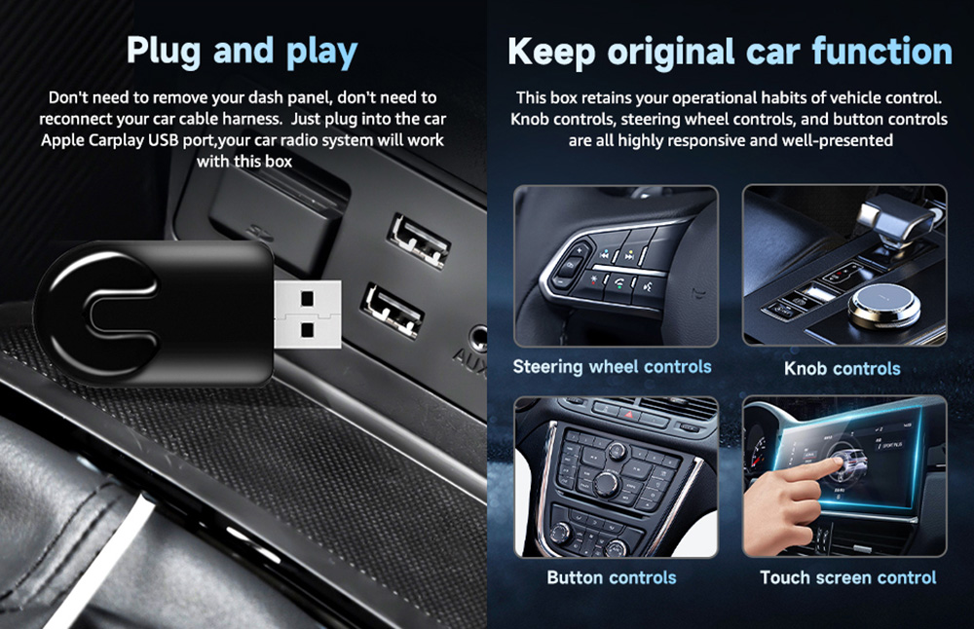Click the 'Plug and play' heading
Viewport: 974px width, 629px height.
pos(242,51)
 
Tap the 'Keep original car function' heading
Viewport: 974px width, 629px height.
pos(730,52)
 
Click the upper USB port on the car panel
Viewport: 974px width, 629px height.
pos(420,239)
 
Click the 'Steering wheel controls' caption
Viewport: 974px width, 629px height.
pos(612,367)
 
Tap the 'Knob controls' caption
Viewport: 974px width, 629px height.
pos(842,368)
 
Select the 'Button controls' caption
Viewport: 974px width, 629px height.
pos(611,577)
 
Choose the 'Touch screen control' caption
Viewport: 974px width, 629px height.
pos(847,577)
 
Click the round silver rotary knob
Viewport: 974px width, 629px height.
pos(884,306)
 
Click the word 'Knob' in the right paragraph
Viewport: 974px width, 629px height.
pos(532,119)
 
